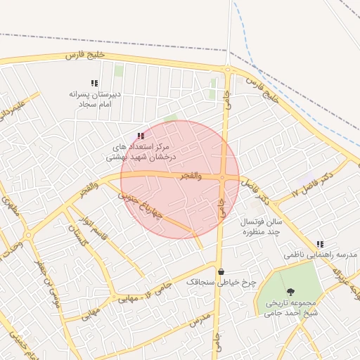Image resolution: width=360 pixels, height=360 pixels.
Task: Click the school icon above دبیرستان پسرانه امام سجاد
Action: pos(95,83)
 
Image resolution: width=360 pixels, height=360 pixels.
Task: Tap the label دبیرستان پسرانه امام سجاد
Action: pos(95,98)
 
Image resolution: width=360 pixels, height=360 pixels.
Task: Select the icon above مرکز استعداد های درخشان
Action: pos(141,136)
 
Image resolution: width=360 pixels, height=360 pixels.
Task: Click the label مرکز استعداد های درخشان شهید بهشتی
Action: pos(140,153)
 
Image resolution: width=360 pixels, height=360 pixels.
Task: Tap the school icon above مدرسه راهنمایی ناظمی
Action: pos(320,244)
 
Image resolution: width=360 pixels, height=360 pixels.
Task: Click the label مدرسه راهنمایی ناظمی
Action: pos(321,254)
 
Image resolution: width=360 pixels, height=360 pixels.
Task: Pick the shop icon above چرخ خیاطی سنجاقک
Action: pos(221,272)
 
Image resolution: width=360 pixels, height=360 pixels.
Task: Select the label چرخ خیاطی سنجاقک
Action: pos(221,282)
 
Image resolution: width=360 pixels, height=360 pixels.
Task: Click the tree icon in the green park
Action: pos(288,291)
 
